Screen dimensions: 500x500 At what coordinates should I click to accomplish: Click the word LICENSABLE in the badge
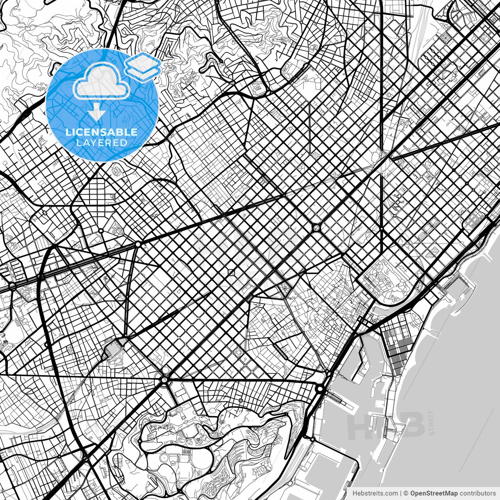(102, 132)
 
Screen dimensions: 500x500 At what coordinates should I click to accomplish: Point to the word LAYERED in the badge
(102, 143)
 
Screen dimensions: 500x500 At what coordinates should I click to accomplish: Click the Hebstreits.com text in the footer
(375, 493)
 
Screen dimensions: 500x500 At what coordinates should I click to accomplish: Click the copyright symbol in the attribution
(406, 493)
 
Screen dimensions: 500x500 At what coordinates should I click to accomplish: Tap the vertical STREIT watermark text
(431, 422)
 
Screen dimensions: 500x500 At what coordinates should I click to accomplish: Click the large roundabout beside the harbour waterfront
(320, 389)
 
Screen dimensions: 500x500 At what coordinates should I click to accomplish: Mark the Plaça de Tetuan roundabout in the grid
(316, 227)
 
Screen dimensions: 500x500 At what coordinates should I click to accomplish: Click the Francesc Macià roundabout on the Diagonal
(138, 244)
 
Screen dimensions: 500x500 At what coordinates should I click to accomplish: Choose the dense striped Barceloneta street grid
(396, 344)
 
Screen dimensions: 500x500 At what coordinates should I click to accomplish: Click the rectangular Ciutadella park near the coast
(385, 279)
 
